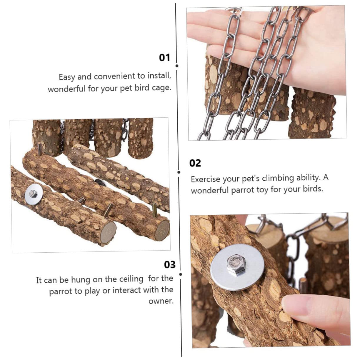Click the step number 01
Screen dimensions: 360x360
pos(164,58)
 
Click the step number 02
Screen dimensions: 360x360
pos(195,163)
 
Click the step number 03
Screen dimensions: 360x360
pos(170,264)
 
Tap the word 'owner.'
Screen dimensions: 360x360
pos(161,301)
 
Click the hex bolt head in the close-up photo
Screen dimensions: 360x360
pos(236,264)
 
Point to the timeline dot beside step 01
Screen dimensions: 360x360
pos(177,66)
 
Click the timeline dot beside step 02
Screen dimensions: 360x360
pos(179,172)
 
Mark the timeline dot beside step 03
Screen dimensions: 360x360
pos(181,274)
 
